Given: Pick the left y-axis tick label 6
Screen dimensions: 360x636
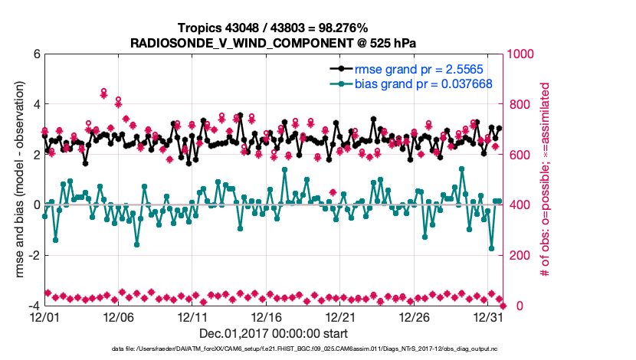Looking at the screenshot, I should tap(35, 54).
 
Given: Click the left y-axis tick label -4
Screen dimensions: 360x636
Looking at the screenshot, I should tap(33, 306).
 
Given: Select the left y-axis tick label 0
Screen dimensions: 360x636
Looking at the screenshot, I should tap(35, 205).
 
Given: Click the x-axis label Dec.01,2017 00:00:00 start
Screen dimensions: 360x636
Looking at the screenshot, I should tap(273, 333).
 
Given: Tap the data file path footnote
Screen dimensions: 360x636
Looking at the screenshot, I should tap(273, 350).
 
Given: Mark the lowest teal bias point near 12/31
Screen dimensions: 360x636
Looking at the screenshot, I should tap(491, 248).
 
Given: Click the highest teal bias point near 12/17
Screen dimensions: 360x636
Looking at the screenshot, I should tap(284, 170).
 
